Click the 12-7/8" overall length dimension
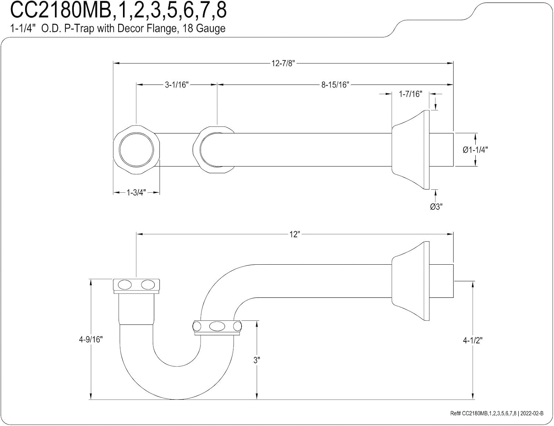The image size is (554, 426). tap(283, 63)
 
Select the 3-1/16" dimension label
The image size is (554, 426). tap(177, 85)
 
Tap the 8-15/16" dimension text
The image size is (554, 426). tap(335, 85)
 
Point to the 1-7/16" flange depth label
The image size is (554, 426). tap(410, 94)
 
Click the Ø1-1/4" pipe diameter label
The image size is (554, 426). tap(475, 150)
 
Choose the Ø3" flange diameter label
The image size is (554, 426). tap(436, 207)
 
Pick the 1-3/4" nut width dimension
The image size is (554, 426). tap(136, 192)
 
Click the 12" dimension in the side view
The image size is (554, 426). tap(294, 234)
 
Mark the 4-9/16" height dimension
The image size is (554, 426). tap(91, 339)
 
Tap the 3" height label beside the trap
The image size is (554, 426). tap(257, 360)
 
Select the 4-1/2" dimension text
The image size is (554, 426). tap(473, 340)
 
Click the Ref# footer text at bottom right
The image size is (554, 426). tap(497, 413)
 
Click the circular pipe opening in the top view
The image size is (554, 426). tap(136, 150)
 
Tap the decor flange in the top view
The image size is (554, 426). tap(410, 150)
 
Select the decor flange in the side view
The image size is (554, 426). tap(410, 281)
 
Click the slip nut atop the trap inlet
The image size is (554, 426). tap(136, 286)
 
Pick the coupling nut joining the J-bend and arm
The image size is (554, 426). tap(217, 328)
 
